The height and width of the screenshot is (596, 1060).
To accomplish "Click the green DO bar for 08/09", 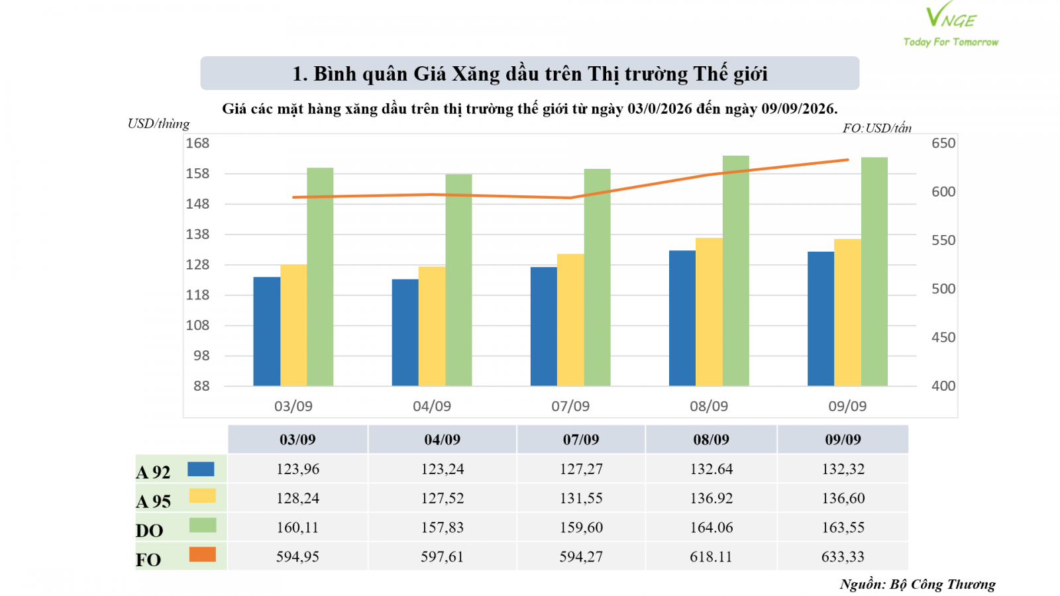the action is (x=736, y=271).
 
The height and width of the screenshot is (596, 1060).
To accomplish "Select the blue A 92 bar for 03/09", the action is (x=267, y=331).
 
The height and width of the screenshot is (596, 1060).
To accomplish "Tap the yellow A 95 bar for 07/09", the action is (x=570, y=320).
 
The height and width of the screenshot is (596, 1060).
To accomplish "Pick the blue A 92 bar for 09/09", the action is (x=821, y=319).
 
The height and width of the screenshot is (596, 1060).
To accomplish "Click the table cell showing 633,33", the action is (x=843, y=556).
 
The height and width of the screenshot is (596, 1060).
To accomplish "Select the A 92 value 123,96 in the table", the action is (x=297, y=469).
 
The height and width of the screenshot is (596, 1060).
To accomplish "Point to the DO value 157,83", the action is (x=443, y=527).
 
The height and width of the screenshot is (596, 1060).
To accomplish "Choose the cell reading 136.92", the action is (x=712, y=498).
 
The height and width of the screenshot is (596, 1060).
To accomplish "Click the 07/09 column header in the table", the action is (x=581, y=440).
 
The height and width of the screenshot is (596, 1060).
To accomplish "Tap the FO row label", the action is (x=148, y=560).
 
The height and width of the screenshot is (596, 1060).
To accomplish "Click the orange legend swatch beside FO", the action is (x=203, y=554).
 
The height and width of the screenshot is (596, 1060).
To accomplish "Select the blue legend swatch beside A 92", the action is (x=201, y=470).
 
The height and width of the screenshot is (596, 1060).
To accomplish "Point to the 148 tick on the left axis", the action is (x=197, y=204).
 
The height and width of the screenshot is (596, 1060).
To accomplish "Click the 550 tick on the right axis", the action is (x=943, y=240).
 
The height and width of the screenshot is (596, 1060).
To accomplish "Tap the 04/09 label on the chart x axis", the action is (x=431, y=406).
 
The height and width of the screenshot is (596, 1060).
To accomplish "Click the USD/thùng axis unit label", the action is (x=158, y=124).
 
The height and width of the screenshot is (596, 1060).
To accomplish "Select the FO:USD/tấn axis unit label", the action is (x=877, y=128).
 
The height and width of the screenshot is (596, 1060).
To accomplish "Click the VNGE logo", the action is (x=951, y=24).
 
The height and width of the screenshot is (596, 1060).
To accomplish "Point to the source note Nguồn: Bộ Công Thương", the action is (x=918, y=585).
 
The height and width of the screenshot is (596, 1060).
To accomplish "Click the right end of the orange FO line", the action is (x=847, y=160).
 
